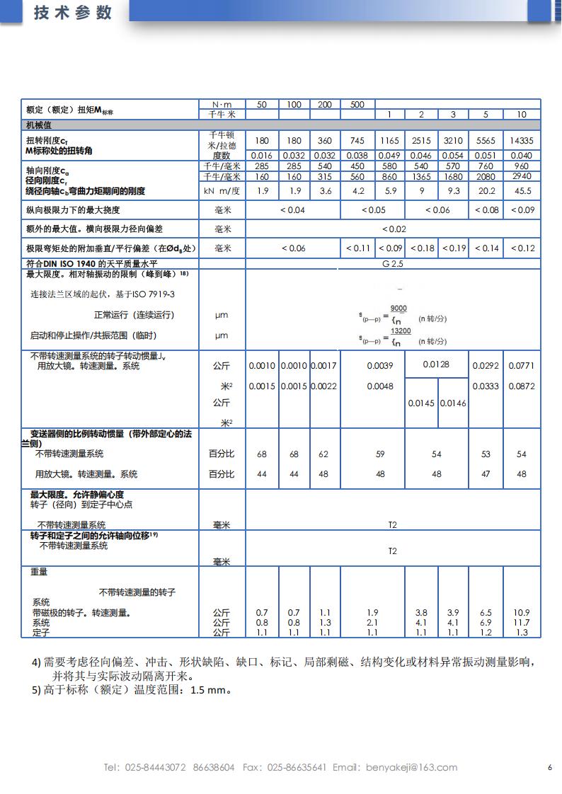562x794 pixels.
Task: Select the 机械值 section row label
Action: click(x=39, y=125)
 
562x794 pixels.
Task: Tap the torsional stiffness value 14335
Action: click(x=522, y=141)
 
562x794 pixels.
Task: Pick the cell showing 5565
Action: click(x=486, y=141)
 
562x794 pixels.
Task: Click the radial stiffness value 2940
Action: click(x=522, y=176)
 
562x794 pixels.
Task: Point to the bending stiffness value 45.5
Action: click(x=522, y=190)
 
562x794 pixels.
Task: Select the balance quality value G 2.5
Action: click(x=394, y=263)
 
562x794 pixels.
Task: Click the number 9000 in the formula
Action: click(x=399, y=309)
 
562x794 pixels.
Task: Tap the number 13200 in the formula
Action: click(x=401, y=330)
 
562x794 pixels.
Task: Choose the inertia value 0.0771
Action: click(x=522, y=366)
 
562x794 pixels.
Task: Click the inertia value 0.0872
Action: click(x=522, y=386)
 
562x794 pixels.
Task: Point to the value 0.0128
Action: click(x=436, y=364)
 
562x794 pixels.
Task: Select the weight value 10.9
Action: click(x=522, y=612)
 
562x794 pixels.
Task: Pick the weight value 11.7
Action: click(x=522, y=622)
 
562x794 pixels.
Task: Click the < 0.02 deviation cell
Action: click(x=394, y=229)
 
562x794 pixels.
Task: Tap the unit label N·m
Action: click(x=222, y=105)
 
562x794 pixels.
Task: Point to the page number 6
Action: click(x=549, y=767)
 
